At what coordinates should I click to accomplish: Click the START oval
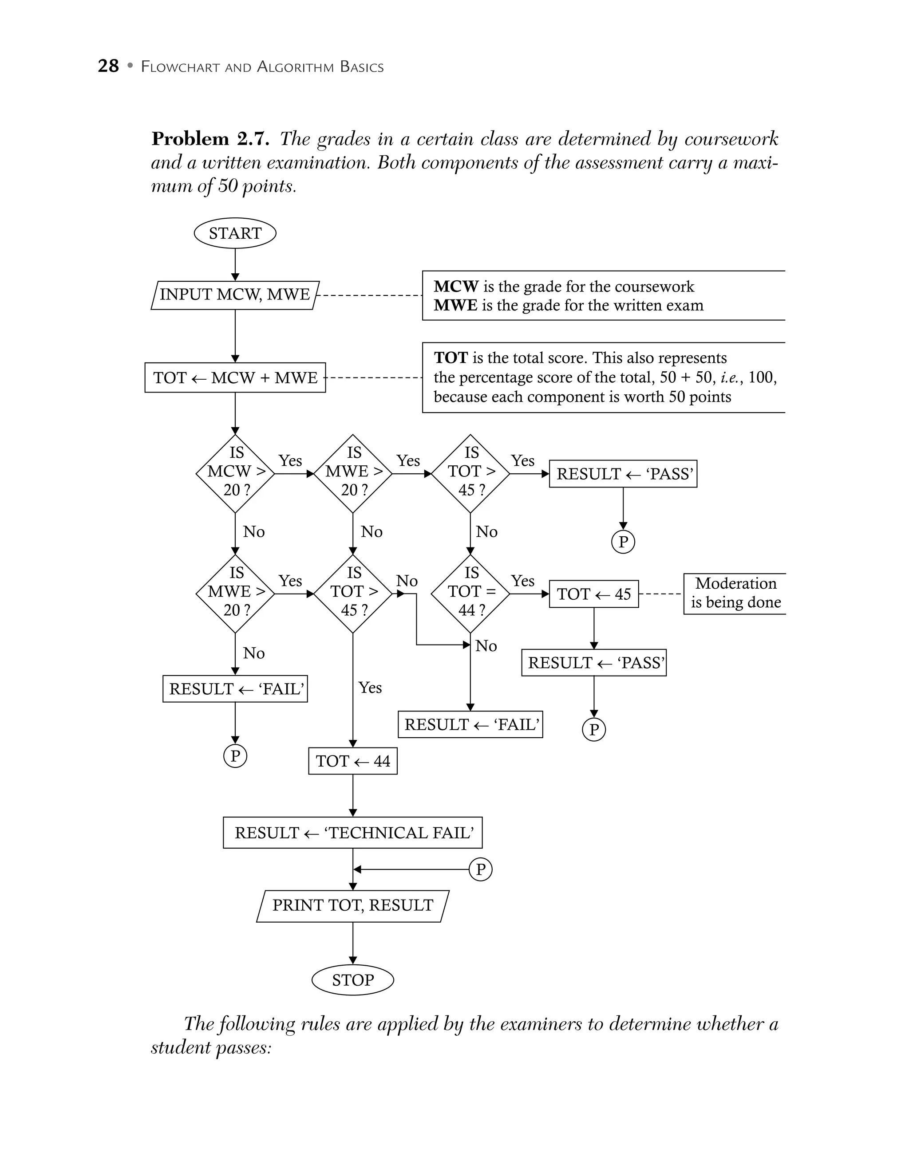tap(235, 233)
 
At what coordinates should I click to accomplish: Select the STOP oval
tap(352, 980)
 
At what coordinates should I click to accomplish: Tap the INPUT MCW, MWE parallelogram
tap(235, 295)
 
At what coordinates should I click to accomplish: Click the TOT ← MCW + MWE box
tap(235, 378)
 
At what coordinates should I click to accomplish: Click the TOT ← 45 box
tap(594, 594)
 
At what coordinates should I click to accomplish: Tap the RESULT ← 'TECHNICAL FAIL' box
tap(352, 833)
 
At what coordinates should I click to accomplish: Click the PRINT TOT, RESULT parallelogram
tap(352, 905)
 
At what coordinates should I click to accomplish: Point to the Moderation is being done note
tap(735, 593)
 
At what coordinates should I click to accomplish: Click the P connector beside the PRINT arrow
tap(480, 869)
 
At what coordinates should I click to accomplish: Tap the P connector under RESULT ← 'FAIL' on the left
tap(235, 755)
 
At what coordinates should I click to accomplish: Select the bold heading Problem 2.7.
tap(210, 139)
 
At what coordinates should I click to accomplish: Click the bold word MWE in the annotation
tap(455, 305)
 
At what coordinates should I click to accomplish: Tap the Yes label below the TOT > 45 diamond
tap(370, 687)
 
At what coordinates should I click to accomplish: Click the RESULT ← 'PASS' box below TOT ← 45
tap(594, 663)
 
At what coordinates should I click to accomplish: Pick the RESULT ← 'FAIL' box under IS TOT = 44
tap(470, 725)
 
